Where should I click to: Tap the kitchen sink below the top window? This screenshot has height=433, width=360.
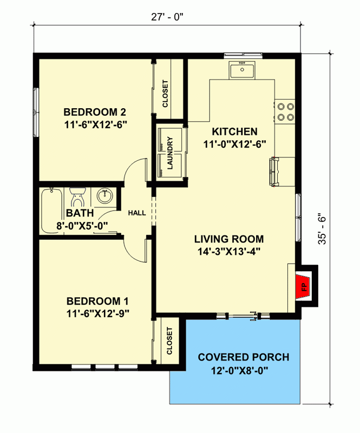[242, 70]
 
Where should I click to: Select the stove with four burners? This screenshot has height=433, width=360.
[285, 111]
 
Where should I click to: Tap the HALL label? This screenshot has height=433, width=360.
[136, 213]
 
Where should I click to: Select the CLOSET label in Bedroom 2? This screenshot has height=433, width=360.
[165, 94]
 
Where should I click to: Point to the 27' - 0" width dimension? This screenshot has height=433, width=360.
[167, 16]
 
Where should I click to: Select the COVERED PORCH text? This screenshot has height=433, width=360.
[243, 357]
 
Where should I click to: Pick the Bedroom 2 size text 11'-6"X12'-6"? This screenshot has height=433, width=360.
[95, 124]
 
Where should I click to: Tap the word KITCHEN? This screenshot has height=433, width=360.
[234, 132]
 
